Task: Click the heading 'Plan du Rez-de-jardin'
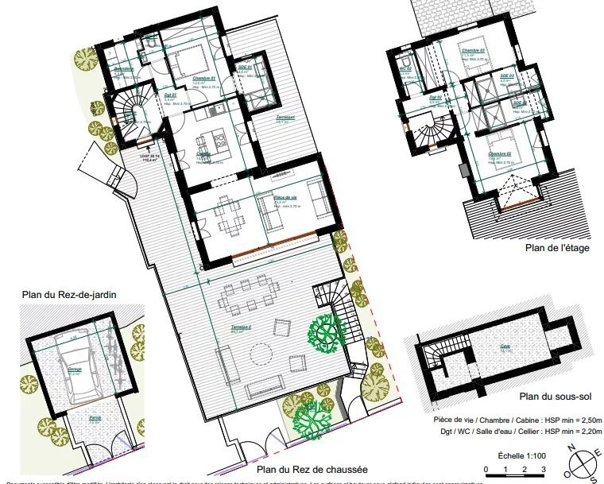tap(69, 296)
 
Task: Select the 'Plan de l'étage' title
tap(557, 247)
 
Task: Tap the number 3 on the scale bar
tap(544, 470)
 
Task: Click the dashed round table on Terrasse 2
tap(260, 352)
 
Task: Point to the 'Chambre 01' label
tap(203, 79)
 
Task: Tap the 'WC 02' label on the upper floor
tap(405, 69)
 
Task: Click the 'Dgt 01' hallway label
tap(169, 95)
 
